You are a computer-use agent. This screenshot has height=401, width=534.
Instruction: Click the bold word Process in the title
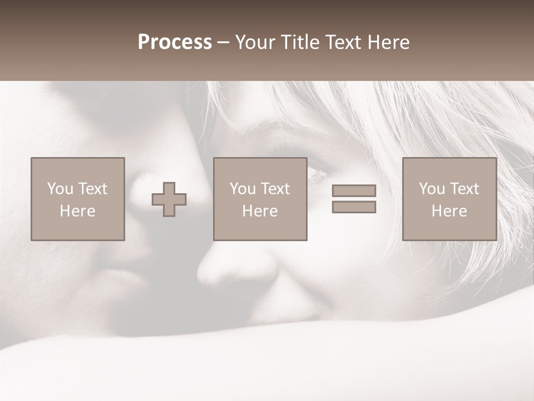(175, 42)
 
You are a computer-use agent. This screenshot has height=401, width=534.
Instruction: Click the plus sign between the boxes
(169, 199)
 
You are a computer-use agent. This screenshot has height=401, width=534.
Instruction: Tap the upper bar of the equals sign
(354, 190)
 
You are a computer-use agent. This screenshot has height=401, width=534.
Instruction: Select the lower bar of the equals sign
(354, 207)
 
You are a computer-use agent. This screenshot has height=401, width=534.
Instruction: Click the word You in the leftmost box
(60, 189)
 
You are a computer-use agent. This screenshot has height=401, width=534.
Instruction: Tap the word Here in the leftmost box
(78, 211)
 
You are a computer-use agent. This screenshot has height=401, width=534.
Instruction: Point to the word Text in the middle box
(275, 189)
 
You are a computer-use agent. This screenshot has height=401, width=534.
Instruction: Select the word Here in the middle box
(260, 211)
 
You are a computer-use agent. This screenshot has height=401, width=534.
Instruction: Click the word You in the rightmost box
(432, 189)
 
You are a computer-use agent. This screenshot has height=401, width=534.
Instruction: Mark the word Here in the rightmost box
(449, 211)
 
